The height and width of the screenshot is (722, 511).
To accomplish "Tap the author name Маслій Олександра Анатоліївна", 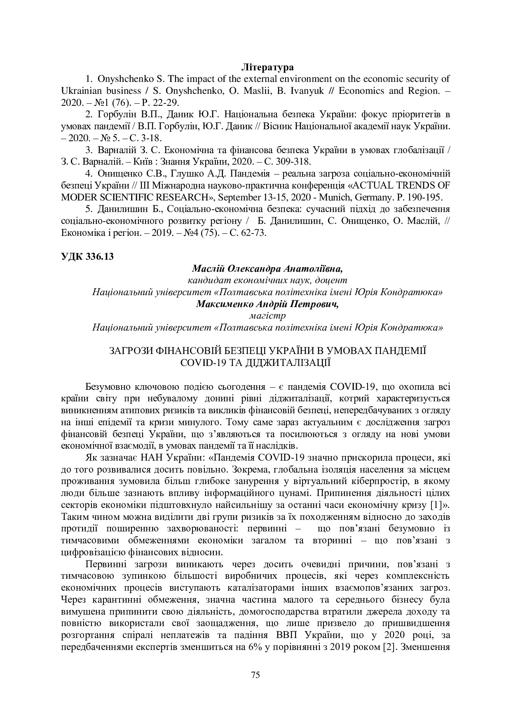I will pos(267,268).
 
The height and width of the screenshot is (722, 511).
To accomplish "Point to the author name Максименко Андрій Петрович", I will pos(267,304).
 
